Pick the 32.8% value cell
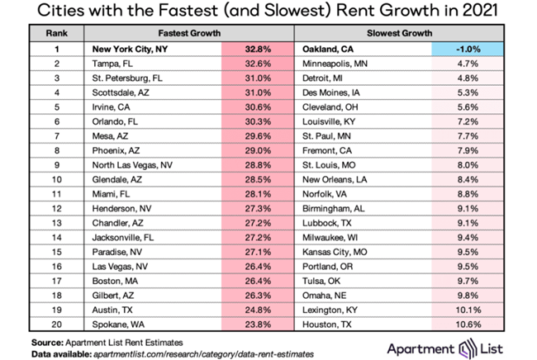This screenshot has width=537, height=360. pos(258,50)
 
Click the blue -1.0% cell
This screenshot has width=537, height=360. pos(468,50)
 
